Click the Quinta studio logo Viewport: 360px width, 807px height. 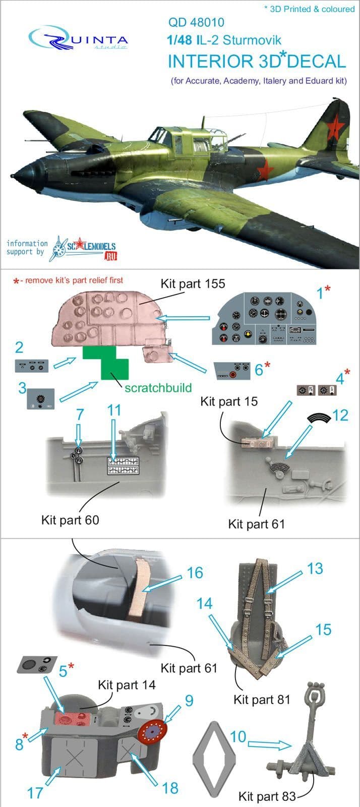pos(79,38)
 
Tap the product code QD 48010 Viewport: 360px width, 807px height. pos(196,22)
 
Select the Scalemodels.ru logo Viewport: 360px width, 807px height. pos(85,248)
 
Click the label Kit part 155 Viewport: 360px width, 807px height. pos(193,284)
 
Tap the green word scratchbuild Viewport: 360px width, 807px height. pos(158,388)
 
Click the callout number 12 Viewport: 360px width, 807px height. pos(340,416)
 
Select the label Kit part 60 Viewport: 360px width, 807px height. pos(70,520)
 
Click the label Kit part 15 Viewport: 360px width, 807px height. pos(229,401)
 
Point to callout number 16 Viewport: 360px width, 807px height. pos(195,573)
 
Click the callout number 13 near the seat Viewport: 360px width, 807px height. pos(315,569)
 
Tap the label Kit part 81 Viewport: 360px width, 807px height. pos(262,700)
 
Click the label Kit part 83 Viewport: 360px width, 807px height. pos(267,796)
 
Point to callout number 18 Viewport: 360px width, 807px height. pos(170,788)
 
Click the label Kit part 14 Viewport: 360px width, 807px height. pos(127,685)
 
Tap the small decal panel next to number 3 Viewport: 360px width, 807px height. pos(41,398)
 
